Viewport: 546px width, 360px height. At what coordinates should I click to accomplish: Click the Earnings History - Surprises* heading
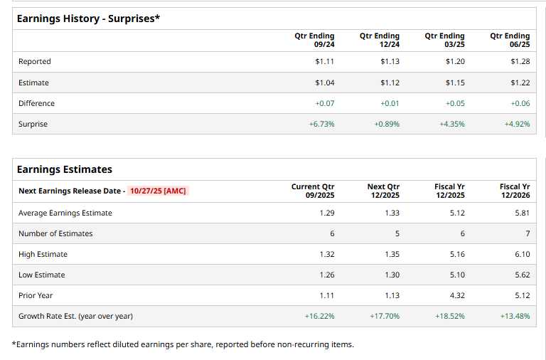(88, 18)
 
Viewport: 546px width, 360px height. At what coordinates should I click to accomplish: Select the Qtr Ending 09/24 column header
(314, 40)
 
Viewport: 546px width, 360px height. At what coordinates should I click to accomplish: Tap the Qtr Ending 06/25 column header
(510, 40)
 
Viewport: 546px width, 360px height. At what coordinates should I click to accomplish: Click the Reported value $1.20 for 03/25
(455, 62)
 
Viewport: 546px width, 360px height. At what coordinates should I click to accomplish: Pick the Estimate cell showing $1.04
(324, 83)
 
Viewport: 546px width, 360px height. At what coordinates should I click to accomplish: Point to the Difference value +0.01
(390, 104)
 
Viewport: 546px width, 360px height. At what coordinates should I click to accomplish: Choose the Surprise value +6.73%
(321, 125)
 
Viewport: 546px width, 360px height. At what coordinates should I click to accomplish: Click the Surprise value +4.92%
(517, 125)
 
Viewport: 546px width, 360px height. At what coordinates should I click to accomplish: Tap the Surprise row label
(33, 125)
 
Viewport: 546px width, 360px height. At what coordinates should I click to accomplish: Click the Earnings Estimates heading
(64, 169)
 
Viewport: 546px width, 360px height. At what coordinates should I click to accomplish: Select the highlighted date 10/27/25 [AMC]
(158, 191)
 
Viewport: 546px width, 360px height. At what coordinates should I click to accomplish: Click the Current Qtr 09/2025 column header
(313, 191)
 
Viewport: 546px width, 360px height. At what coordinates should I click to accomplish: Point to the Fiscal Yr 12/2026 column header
(515, 191)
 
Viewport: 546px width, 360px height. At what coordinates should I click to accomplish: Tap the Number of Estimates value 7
(527, 233)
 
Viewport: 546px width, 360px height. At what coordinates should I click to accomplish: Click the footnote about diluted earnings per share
(183, 345)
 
